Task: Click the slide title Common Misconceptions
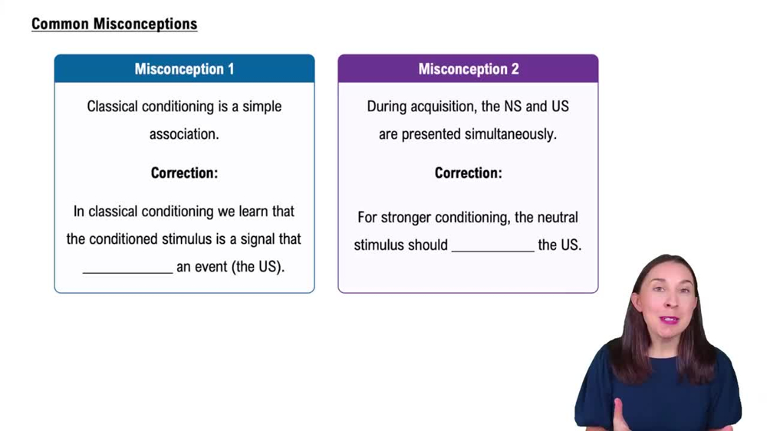coord(114,24)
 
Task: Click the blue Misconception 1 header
coord(184,69)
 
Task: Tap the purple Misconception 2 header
coord(468,69)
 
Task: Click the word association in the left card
coord(184,134)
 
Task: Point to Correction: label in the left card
coord(184,173)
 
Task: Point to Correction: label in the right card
coord(468,173)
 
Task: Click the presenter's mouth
coord(669,319)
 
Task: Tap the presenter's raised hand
coord(620,414)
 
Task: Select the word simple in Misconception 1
coord(262,107)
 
